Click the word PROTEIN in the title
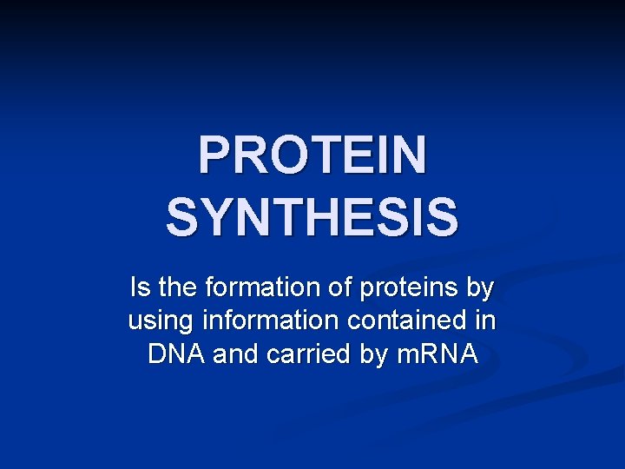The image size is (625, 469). [312, 155]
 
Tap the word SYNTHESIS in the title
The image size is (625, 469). [312, 217]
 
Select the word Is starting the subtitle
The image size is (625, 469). [138, 286]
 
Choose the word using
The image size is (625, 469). [161, 321]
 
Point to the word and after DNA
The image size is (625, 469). [230, 354]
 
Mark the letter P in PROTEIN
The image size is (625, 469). [214, 155]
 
